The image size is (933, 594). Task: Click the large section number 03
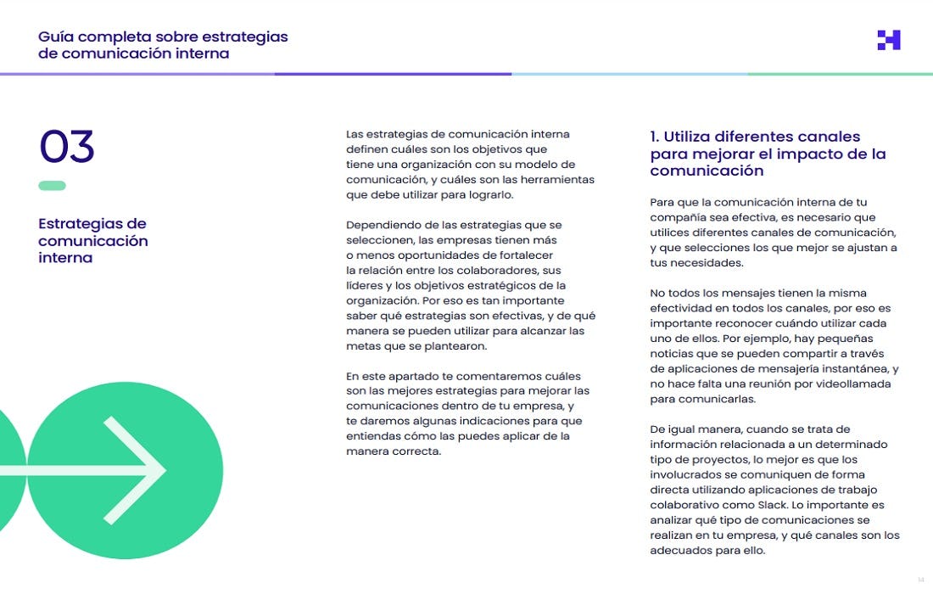(66, 148)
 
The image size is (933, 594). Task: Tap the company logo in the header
(889, 40)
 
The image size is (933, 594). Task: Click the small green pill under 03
(52, 186)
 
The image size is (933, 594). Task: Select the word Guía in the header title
(57, 37)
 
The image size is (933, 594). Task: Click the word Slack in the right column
(807, 505)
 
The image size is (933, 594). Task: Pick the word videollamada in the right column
(854, 384)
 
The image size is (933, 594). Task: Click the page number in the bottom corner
(920, 580)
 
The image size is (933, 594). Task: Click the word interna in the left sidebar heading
(65, 258)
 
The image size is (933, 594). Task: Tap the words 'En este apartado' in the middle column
(395, 376)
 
